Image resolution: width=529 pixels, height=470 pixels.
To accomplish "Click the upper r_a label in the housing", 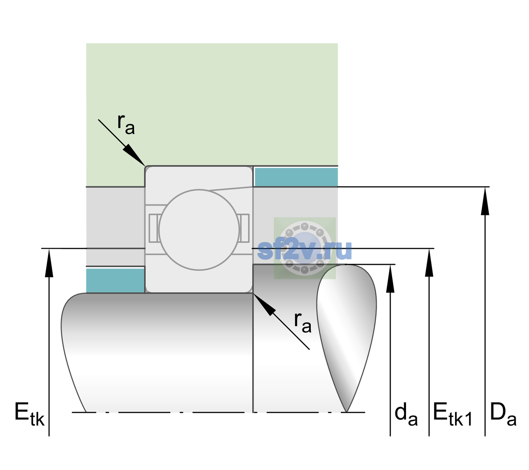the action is (126, 124).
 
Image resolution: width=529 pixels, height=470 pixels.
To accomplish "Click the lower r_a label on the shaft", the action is (303, 323).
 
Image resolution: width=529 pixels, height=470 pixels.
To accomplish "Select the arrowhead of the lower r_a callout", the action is (264, 304).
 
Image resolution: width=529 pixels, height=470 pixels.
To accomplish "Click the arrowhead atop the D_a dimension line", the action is (485, 201).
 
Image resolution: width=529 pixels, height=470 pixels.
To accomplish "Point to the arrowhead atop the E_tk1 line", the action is (429, 262).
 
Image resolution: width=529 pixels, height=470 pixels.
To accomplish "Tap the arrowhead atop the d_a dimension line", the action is (390, 278).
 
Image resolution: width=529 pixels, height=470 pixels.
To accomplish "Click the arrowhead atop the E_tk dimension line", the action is (49, 263).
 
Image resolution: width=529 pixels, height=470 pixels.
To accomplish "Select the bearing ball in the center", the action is (199, 230).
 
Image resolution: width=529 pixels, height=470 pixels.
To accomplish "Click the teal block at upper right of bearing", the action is (296, 177).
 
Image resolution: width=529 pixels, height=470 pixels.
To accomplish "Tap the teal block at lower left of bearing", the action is (115, 280).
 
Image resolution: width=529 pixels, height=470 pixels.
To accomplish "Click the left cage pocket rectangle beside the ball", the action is (154, 228).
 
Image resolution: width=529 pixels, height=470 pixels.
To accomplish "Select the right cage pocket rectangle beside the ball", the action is (245, 228).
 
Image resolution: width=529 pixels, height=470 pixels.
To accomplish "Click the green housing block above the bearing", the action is (212, 105).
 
